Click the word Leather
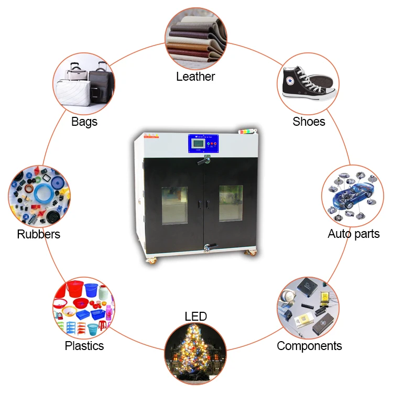pyautogui.click(x=195, y=77)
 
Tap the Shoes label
pyautogui.click(x=309, y=122)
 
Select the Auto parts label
pyautogui.click(x=353, y=234)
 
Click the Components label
pyautogui.click(x=309, y=346)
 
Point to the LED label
pyautogui.click(x=195, y=316)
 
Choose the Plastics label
pyautogui.click(x=84, y=346)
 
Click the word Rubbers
pyautogui.click(x=39, y=234)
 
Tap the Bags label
pyautogui.click(x=84, y=122)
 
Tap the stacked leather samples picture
pyautogui.click(x=195, y=39)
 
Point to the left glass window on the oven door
pyautogui.click(x=174, y=205)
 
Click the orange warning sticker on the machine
pyautogui.click(x=149, y=136)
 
